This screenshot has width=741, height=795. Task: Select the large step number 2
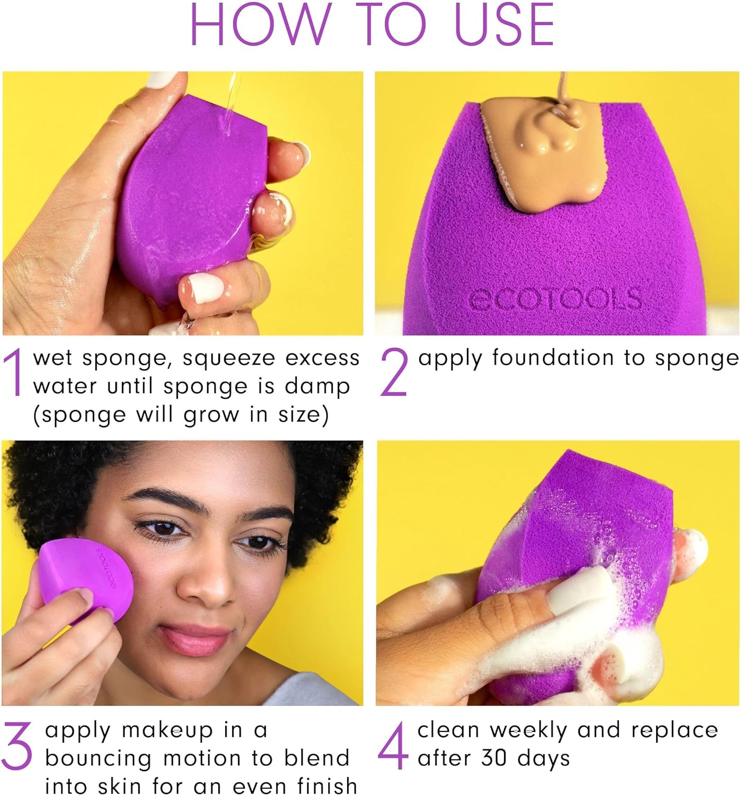coord(394,372)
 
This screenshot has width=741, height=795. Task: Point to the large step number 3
coord(17,746)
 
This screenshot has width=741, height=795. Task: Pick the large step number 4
coord(393,746)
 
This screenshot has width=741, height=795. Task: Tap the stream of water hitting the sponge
coord(231,106)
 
